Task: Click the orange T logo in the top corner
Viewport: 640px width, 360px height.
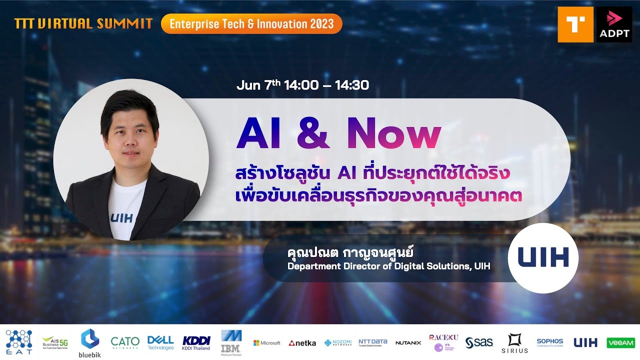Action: [x=575, y=24]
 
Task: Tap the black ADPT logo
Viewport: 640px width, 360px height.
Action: [x=614, y=24]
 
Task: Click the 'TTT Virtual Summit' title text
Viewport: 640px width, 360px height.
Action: [x=83, y=23]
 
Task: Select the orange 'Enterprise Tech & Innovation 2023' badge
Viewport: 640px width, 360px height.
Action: [x=251, y=23]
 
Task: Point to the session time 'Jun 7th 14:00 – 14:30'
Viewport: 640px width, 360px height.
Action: [x=302, y=85]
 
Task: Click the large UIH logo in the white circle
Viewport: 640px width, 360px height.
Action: [x=543, y=258]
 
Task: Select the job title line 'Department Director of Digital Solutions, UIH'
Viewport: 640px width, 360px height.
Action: [x=388, y=266]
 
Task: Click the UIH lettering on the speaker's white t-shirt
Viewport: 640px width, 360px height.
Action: [x=121, y=218]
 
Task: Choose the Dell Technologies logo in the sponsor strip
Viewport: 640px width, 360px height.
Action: [x=160, y=342]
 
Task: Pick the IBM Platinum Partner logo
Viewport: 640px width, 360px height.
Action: [x=231, y=342]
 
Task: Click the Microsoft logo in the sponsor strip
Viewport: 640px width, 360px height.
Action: [x=266, y=343]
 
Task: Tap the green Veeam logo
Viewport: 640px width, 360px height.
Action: [x=620, y=342]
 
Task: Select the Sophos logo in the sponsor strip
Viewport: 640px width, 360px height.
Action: [x=549, y=342]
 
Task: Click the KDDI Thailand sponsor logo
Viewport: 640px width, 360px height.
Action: [x=196, y=342]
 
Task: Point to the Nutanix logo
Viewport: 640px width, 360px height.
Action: [x=408, y=343]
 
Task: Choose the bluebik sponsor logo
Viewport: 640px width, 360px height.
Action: [x=90, y=343]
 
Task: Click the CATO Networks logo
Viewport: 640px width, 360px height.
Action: [x=125, y=342]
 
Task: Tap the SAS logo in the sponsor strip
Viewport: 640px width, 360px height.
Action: [x=479, y=342]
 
